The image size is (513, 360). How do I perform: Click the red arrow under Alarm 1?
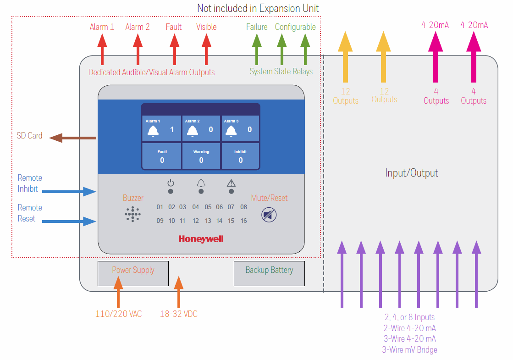coord(102,50)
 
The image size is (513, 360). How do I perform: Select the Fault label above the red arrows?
coord(174,27)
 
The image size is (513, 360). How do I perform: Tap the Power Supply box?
coord(133,273)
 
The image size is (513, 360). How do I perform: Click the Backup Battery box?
coord(269,273)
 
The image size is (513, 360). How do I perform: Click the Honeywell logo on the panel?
coord(201,239)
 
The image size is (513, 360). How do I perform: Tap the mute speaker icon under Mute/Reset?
coord(269,215)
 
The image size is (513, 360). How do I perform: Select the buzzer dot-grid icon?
coord(132,214)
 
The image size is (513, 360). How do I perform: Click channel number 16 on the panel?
coord(243,221)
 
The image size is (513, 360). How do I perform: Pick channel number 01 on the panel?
coord(160,207)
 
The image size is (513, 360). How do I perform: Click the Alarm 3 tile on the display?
coord(241,128)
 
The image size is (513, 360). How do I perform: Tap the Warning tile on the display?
coord(201,156)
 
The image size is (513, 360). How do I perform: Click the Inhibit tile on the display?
coord(241,156)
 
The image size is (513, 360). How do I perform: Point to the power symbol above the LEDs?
coord(171,183)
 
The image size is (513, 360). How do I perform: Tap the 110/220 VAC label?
coord(118,314)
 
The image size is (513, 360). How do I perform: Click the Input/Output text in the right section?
coord(411,173)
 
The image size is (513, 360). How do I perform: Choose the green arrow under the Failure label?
coord(257,50)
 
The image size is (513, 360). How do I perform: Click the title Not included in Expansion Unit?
coord(258,8)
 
